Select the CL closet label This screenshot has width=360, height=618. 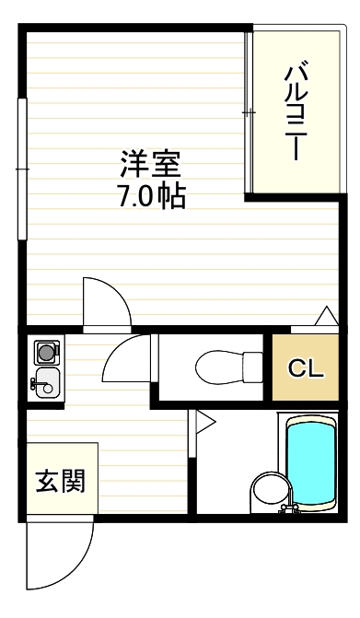pos(306,369)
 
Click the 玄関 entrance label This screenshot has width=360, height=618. pos(60,480)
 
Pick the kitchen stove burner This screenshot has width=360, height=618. pos(45,351)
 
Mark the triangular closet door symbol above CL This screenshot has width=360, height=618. pos(326,318)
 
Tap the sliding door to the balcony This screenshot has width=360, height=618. pos(248,111)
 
